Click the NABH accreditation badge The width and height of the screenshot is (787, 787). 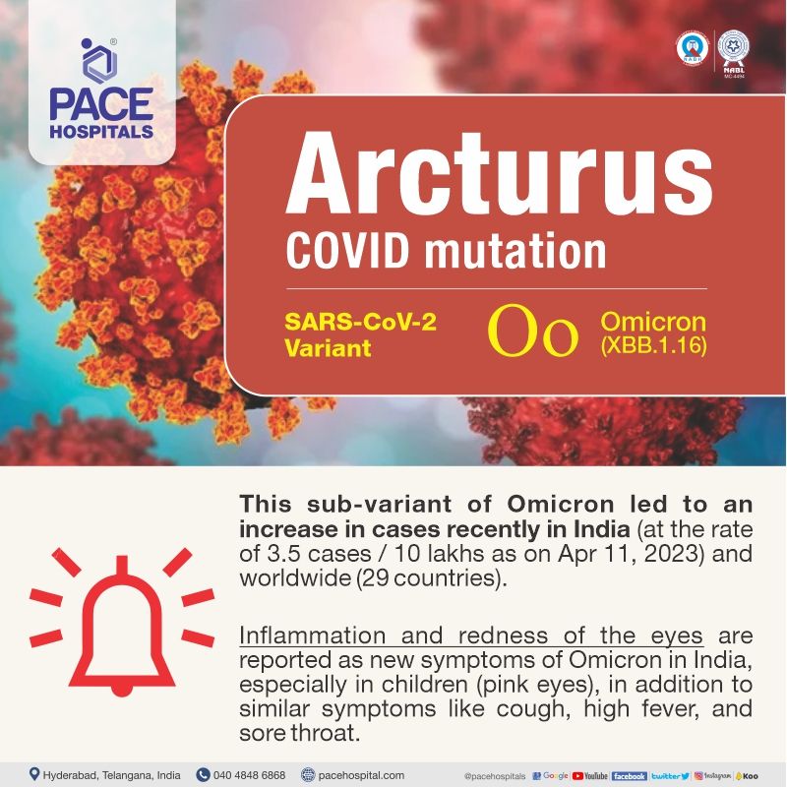tap(693, 48)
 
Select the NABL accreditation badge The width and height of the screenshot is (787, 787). tap(733, 50)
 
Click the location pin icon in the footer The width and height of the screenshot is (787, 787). tap(33, 774)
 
